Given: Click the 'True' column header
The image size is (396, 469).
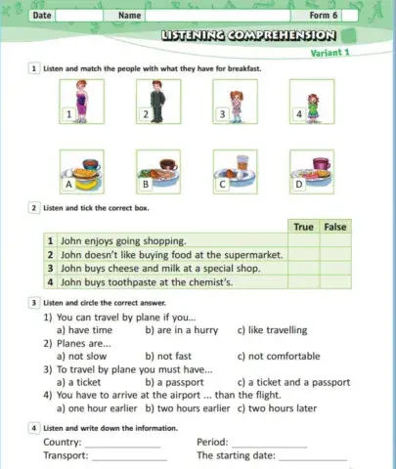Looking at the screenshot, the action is [303, 227].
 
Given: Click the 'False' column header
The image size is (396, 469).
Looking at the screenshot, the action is [335, 227].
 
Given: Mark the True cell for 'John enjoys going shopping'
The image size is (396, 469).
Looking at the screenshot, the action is [303, 240].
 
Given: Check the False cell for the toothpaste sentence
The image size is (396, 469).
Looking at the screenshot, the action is [335, 283].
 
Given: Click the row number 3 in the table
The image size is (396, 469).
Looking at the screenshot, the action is [49, 269].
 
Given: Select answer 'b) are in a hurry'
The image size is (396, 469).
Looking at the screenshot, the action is [181, 330].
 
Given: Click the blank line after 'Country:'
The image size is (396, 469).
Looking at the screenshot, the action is [124, 445].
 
